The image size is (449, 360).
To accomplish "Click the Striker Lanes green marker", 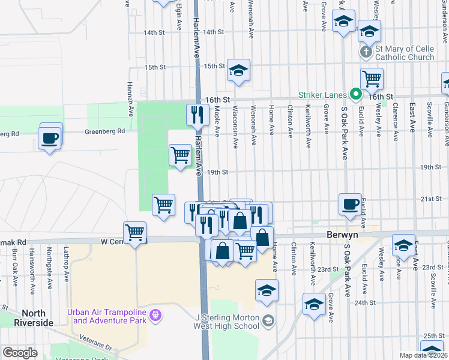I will (x=355, y=94).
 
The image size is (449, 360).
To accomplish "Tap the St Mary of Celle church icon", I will (x=365, y=52).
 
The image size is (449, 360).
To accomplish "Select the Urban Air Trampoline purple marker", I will (x=155, y=314).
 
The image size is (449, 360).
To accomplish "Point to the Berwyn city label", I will (x=343, y=235).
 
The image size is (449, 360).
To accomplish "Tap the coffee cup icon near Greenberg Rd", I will (x=50, y=138).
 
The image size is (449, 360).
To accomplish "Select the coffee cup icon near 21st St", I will (x=350, y=204).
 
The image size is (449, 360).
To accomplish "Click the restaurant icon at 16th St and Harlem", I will (x=197, y=113).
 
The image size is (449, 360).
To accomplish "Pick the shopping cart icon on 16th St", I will (x=372, y=78).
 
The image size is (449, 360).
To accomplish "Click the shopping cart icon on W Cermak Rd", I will (x=135, y=232).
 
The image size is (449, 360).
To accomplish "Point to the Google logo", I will (x=20, y=353).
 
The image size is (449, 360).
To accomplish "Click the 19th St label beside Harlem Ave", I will (x=218, y=172).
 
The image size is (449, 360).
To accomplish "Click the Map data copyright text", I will (x=421, y=355).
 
